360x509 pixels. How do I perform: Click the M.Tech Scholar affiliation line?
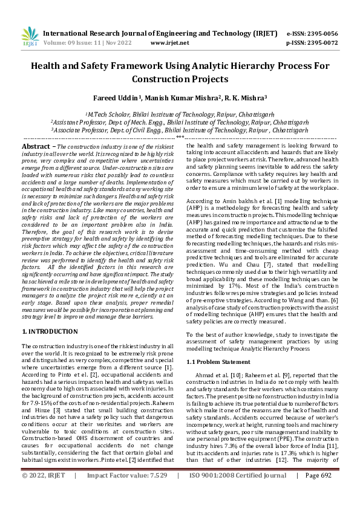coord(180,113)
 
